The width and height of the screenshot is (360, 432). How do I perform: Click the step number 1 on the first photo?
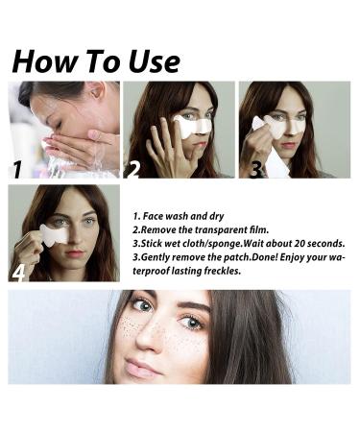click(x=16, y=171)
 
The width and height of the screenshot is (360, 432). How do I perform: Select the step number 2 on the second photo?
click(x=133, y=171)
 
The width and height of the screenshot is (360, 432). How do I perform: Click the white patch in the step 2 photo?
click(x=194, y=124)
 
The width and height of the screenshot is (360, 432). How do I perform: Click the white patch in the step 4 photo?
click(x=56, y=233)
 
